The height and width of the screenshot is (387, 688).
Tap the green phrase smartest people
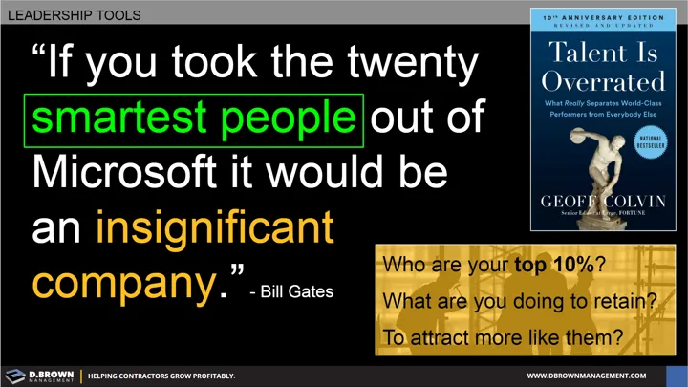pos(197,119)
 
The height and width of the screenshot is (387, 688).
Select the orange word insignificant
pos(214,228)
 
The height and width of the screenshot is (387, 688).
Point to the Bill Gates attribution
pos(290,290)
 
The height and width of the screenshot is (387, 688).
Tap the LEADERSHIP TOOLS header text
pos(74,15)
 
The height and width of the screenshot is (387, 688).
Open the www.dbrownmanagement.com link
pos(600,376)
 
